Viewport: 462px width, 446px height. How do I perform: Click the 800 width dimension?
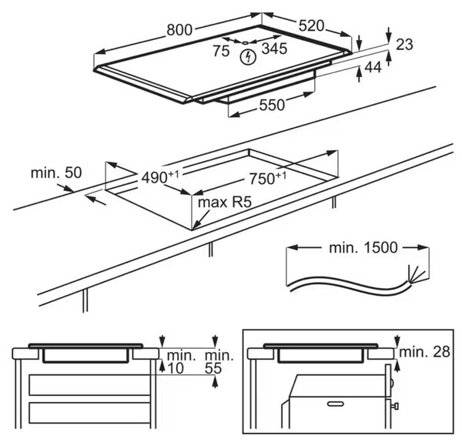[179, 29]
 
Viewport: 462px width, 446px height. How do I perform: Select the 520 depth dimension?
[311, 25]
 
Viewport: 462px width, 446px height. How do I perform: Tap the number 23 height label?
[404, 45]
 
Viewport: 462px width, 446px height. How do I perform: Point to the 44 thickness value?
[373, 68]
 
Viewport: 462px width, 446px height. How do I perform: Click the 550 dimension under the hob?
[272, 105]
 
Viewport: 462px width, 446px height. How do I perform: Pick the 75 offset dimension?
[221, 51]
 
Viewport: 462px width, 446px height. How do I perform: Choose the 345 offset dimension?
[274, 49]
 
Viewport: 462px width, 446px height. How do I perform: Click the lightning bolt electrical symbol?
[248, 57]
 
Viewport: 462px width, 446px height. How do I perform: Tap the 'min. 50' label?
[56, 173]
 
